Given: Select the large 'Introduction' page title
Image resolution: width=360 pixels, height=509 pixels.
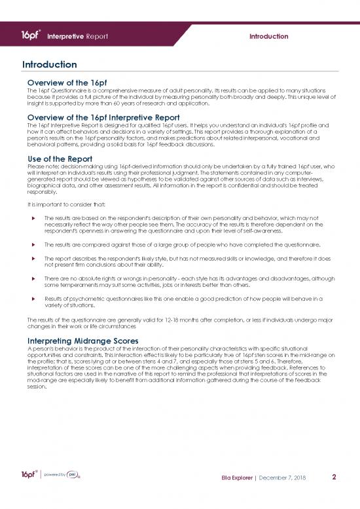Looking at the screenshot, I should point(50,66).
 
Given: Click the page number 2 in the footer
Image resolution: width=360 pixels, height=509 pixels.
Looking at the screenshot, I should point(334,477).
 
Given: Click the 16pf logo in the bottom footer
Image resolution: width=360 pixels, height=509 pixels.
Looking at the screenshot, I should point(29,474).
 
